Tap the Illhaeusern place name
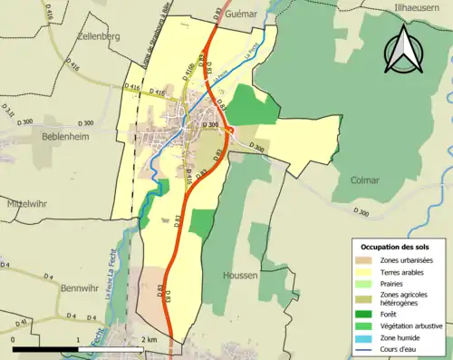(422, 10)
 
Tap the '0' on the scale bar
(14, 339)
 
